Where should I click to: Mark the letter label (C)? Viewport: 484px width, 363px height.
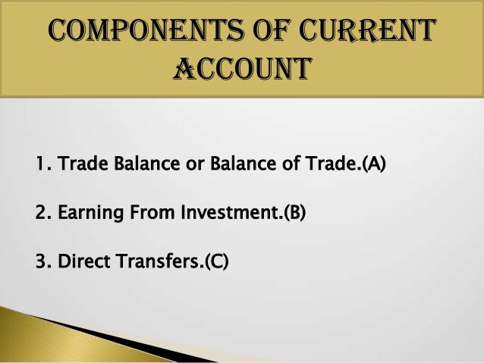pos(217,262)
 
